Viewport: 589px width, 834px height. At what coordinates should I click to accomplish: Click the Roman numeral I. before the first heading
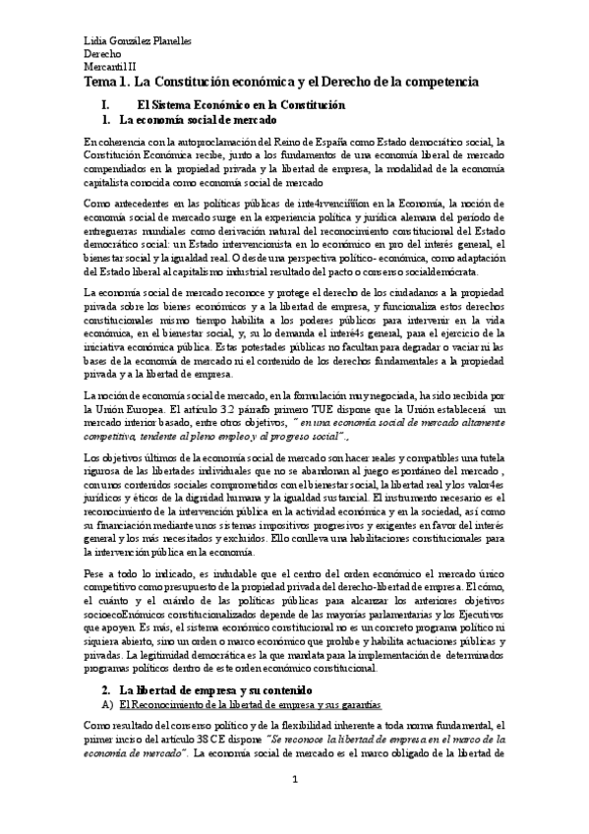click(92, 104)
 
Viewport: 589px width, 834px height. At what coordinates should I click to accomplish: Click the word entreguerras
click(117, 218)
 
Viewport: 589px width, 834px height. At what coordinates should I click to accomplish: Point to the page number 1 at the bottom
click(294, 806)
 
